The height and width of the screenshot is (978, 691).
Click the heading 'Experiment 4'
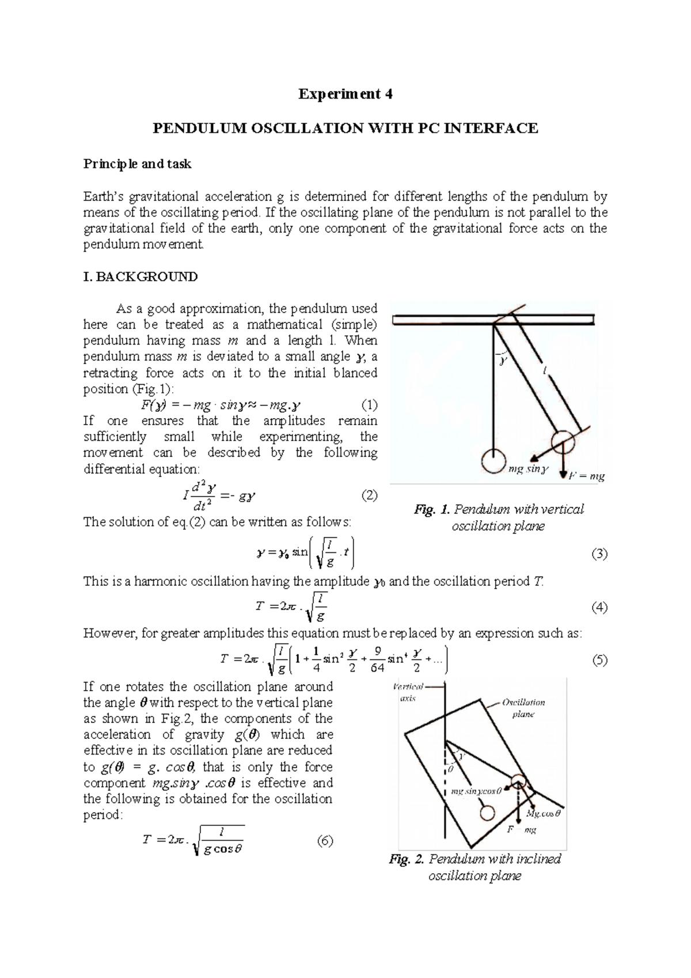pyautogui.click(x=345, y=94)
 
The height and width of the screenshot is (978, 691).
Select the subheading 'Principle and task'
pyautogui.click(x=137, y=164)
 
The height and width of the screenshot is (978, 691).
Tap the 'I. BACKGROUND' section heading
pyautogui.click(x=141, y=277)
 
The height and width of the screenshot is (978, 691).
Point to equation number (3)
pyautogui.click(x=599, y=555)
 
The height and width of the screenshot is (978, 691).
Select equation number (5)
pyautogui.click(x=599, y=661)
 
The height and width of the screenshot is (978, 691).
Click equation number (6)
pyautogui.click(x=325, y=840)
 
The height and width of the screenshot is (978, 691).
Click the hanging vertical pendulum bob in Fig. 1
pyautogui.click(x=493, y=461)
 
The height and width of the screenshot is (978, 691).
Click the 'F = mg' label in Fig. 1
pyautogui.click(x=586, y=476)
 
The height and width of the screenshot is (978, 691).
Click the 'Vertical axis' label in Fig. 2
pyautogui.click(x=408, y=692)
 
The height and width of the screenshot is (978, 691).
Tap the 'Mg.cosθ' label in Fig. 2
pyautogui.click(x=544, y=814)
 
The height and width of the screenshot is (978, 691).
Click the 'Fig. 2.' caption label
pyautogui.click(x=407, y=859)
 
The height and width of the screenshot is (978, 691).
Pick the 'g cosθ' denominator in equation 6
pyautogui.click(x=223, y=850)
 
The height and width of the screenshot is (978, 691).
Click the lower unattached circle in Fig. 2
pyautogui.click(x=488, y=813)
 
